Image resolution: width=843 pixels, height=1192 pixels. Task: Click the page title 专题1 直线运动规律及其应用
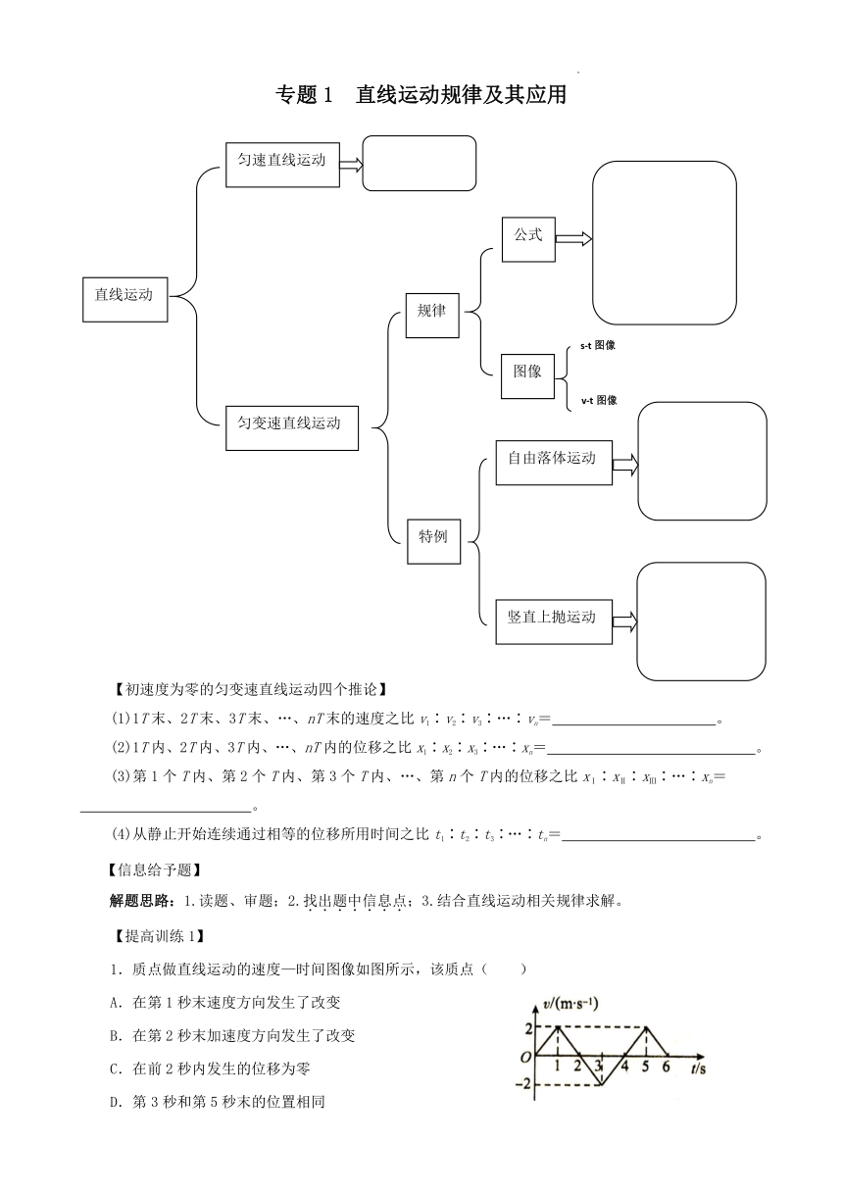[421, 95]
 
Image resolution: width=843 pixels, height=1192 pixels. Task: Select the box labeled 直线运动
[125, 300]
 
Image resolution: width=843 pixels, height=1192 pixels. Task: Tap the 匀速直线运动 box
[282, 165]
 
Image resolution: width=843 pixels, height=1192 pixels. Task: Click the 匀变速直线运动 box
[292, 428]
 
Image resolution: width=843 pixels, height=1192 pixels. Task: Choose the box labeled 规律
[432, 316]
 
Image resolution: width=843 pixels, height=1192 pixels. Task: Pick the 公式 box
[528, 239]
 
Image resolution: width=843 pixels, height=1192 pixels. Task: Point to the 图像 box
[527, 376]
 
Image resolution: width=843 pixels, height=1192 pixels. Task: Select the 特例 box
[433, 541]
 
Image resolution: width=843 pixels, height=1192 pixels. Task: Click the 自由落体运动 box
[554, 463]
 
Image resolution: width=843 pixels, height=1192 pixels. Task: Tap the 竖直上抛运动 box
[554, 622]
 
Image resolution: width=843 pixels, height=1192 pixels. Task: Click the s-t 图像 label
[598, 345]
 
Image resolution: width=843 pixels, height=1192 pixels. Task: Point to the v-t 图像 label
[599, 400]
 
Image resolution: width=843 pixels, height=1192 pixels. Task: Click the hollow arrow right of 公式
[573, 239]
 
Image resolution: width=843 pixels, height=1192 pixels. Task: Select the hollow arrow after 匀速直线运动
[351, 165]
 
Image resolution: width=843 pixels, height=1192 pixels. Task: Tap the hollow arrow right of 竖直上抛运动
[624, 621]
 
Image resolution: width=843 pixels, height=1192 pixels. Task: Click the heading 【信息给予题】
[155, 870]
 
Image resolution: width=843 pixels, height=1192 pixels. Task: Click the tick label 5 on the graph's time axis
[646, 1067]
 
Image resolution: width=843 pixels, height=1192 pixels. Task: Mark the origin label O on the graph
[525, 1058]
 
